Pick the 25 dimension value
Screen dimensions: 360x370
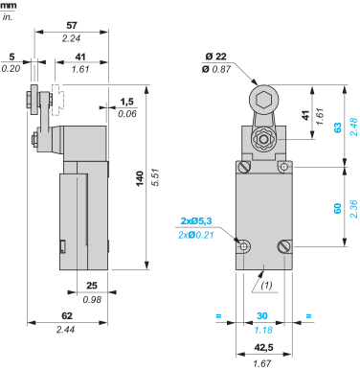[x=92, y=285]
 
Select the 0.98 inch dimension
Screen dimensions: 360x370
[x=92, y=299]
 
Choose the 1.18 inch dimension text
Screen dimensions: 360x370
[x=262, y=329]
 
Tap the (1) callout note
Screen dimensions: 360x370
[x=267, y=285]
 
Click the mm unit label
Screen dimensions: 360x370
[x=8, y=5]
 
